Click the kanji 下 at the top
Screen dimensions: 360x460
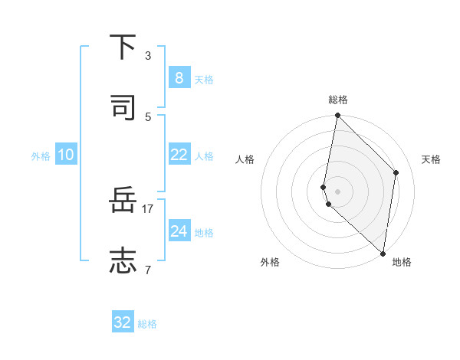click(123, 47)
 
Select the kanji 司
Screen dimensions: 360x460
click(123, 107)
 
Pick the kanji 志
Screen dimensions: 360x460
click(123, 261)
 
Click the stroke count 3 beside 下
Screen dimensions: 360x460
click(148, 56)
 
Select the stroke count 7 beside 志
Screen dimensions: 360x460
click(148, 270)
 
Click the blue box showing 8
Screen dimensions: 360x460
click(179, 78)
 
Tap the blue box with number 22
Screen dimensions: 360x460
click(179, 155)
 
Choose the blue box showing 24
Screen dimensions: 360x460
click(179, 231)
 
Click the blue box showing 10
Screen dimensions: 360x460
click(65, 155)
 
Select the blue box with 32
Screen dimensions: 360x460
click(123, 322)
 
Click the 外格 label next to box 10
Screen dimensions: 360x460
click(41, 155)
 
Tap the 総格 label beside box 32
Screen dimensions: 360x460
click(147, 324)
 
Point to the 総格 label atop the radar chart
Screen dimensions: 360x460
click(338, 100)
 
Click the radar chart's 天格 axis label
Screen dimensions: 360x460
click(432, 159)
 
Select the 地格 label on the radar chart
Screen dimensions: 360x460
click(402, 262)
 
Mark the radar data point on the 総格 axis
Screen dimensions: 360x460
click(337, 116)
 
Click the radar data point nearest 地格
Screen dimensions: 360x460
click(383, 253)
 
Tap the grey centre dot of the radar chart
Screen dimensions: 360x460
click(337, 191)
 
